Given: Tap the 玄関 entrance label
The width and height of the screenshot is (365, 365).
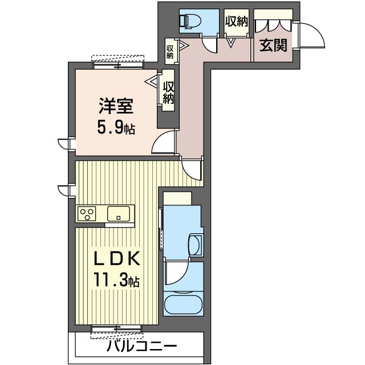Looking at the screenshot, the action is (273, 46).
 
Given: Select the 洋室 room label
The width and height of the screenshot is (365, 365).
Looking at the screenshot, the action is (116, 106).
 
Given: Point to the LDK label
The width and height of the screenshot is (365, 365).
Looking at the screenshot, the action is (117, 258).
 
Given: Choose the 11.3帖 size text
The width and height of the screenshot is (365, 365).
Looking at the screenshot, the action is (116, 280).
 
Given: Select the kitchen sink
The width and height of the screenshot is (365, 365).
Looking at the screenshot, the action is (119, 214).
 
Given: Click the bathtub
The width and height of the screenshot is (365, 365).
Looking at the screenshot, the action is (184, 305).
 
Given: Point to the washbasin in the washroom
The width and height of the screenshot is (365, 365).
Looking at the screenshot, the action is (196, 245).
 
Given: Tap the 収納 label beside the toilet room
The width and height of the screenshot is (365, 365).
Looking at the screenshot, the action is (237, 22).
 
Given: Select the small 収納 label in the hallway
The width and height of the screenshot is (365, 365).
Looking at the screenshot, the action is (170, 52).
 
